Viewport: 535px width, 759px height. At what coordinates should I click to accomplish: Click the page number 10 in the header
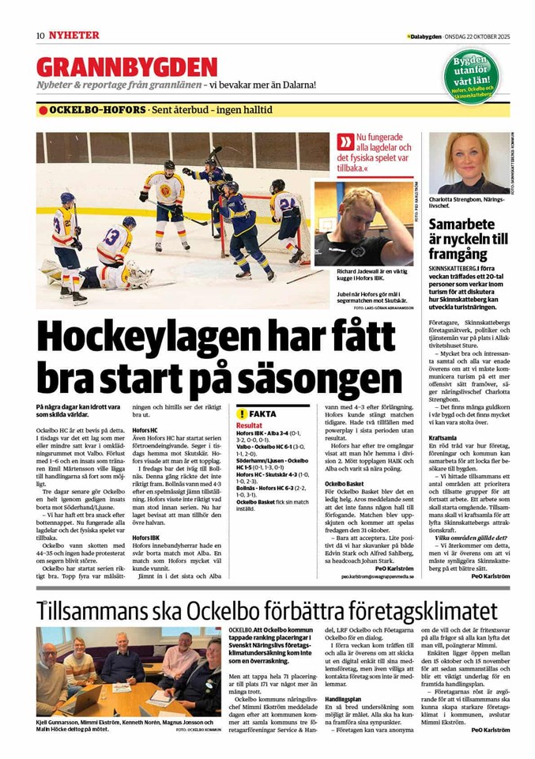40,36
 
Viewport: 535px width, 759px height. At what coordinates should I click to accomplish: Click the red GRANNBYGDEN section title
126,66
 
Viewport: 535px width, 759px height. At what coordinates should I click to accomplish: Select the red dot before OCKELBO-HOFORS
43,110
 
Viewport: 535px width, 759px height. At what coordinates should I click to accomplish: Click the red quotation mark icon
345,142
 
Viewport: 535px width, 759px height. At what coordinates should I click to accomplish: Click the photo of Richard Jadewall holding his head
364,225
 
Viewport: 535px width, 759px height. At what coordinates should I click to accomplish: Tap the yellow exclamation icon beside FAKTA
242,414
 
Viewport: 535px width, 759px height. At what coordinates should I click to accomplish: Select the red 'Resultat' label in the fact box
249,425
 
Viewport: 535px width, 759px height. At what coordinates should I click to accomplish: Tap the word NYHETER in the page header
73,36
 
